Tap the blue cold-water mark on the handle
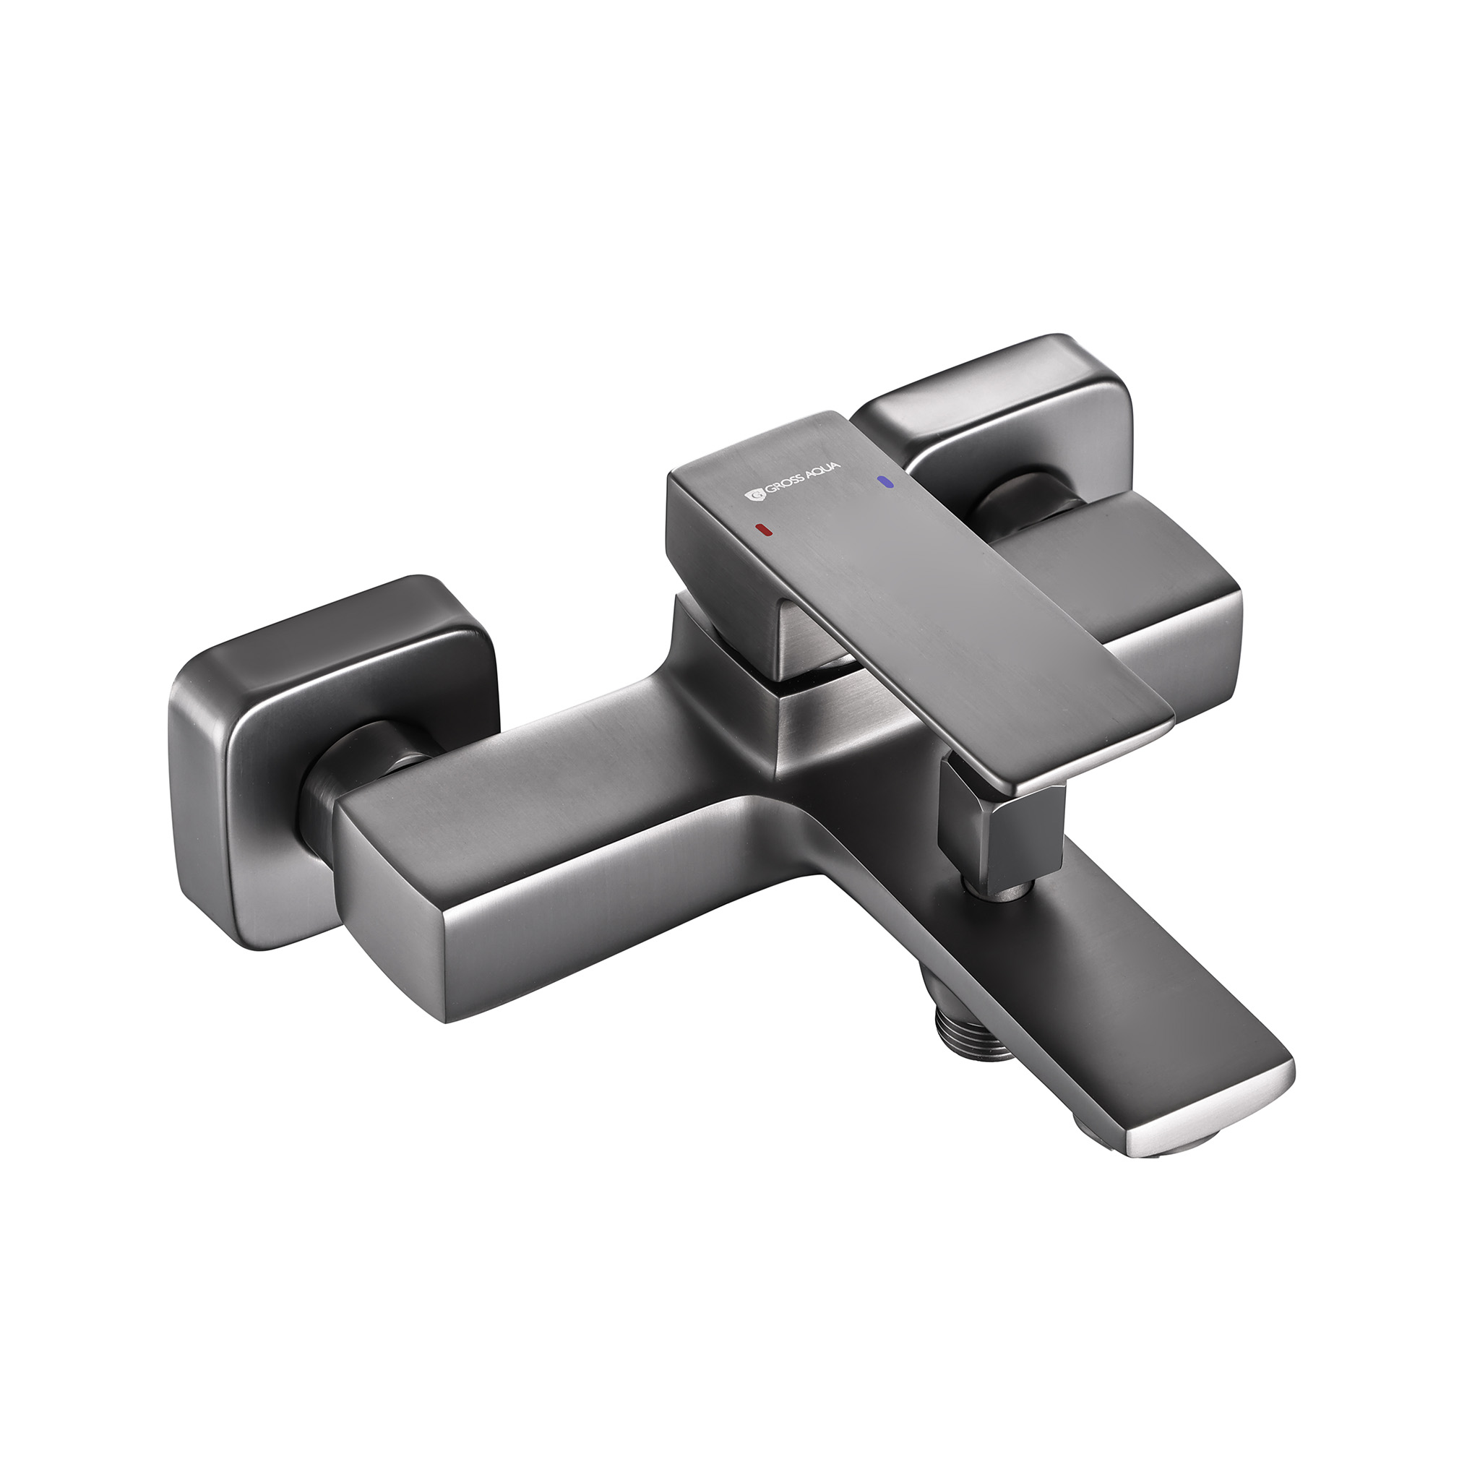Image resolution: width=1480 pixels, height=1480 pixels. tap(887, 482)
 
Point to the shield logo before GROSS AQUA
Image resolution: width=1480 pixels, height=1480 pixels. tap(753, 497)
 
